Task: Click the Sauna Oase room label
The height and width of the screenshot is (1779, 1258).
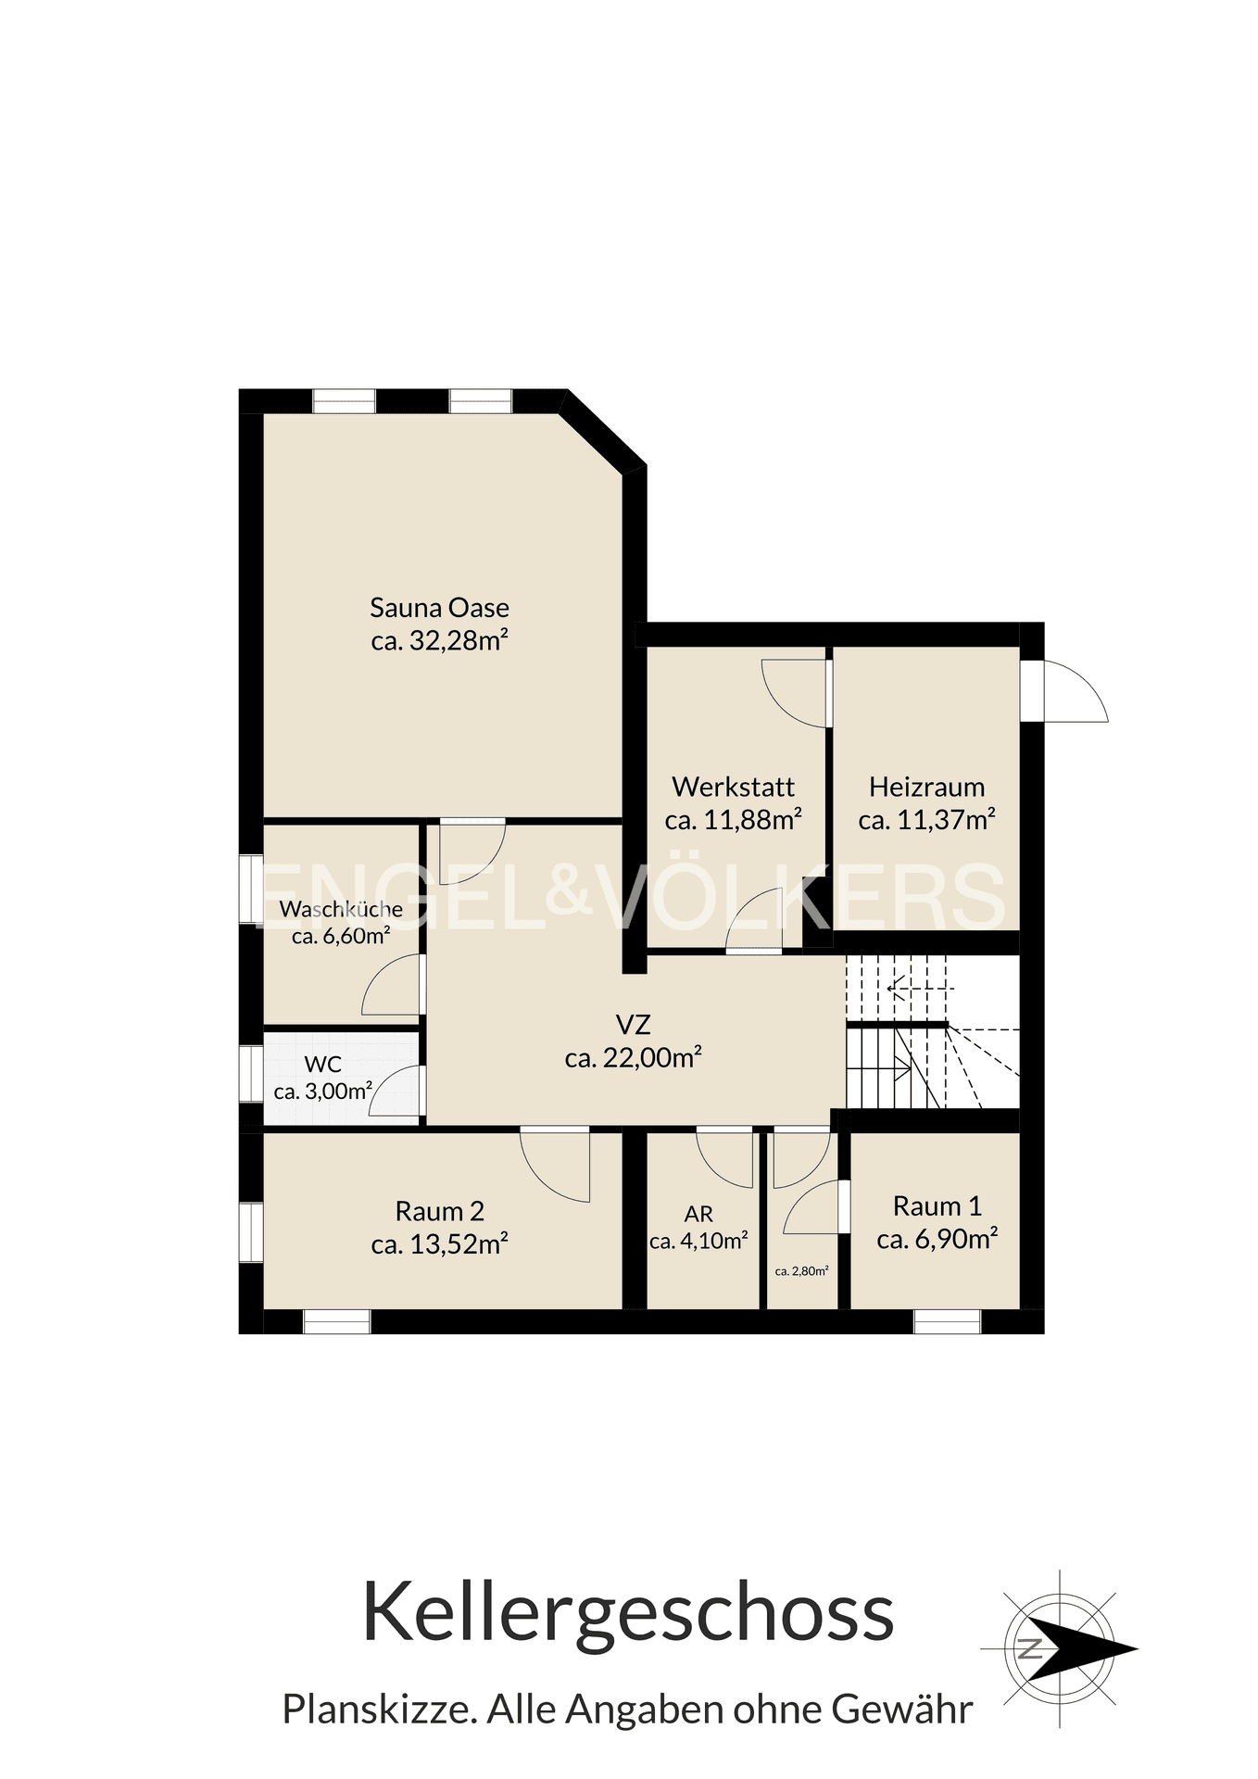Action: click(x=439, y=608)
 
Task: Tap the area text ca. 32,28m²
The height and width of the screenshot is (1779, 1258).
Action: click(x=439, y=640)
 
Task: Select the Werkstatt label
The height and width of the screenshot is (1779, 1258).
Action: click(x=733, y=787)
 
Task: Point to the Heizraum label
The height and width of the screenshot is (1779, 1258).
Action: click(x=926, y=787)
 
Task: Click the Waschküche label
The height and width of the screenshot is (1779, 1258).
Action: click(x=341, y=909)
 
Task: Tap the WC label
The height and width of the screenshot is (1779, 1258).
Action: click(x=322, y=1066)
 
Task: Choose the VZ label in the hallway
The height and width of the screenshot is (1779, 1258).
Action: click(x=633, y=1024)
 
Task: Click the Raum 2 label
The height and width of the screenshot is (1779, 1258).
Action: click(x=439, y=1211)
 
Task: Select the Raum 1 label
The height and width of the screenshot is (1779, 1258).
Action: click(x=937, y=1205)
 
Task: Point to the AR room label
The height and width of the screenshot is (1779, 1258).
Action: click(x=698, y=1215)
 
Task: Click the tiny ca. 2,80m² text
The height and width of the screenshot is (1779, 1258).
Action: click(x=801, y=1271)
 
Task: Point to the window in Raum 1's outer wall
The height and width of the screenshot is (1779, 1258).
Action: click(x=947, y=1321)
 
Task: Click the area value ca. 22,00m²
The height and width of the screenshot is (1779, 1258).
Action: click(x=633, y=1057)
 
